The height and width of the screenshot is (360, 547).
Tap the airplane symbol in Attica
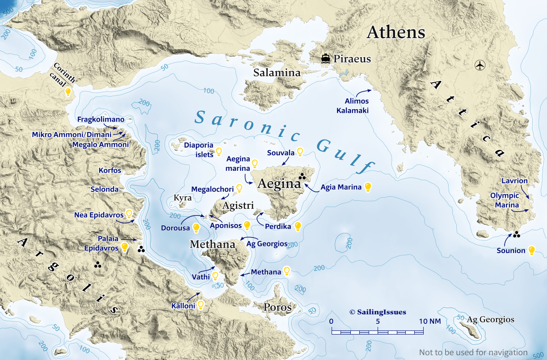coord(480,65)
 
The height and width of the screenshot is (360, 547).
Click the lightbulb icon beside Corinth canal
coord(68,92)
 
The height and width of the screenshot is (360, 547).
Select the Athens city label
coord(396,32)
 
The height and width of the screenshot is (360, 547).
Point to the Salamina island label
coord(277,72)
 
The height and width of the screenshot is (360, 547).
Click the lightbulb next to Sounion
coord(531,250)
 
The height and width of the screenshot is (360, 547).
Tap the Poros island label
coord(278,307)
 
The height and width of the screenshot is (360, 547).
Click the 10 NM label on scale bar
coord(429,321)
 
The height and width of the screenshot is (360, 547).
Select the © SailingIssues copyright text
coord(378,312)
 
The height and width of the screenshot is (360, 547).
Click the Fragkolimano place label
coord(101,119)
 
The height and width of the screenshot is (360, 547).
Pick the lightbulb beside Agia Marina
coord(368,187)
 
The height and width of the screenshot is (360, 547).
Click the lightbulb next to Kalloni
coord(201,305)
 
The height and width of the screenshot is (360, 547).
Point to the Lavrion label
coord(514,181)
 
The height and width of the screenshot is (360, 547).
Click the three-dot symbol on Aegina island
coord(303,176)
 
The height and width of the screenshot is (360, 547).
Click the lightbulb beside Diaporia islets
coord(219,152)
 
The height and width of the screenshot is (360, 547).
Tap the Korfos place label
coord(109,170)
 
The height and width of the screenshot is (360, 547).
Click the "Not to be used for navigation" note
coord(473,352)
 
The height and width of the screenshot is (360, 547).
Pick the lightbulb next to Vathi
coord(215,276)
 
